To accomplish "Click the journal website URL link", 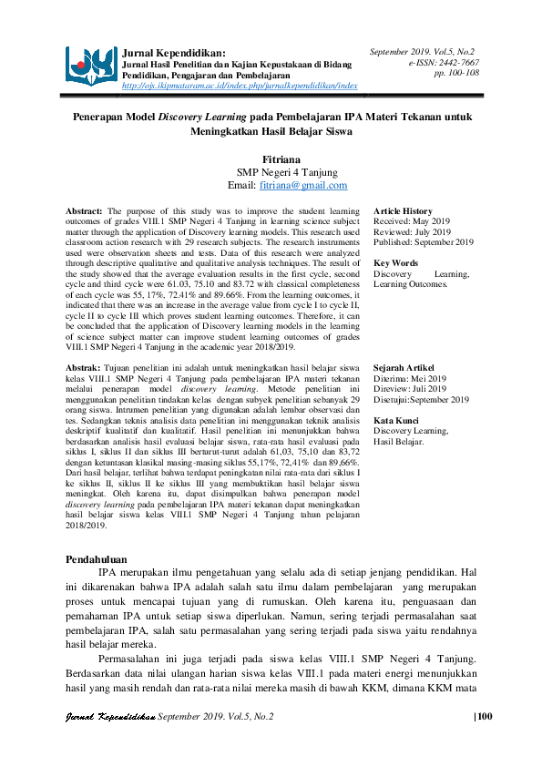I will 239,86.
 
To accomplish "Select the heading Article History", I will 403,211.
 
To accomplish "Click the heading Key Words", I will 395,262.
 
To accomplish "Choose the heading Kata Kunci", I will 396,420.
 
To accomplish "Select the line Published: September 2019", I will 424,242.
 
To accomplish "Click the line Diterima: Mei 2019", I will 410,378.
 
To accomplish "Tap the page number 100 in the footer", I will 484,717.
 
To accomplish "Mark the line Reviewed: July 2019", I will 413,231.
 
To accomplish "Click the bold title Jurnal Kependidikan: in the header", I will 174,54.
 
